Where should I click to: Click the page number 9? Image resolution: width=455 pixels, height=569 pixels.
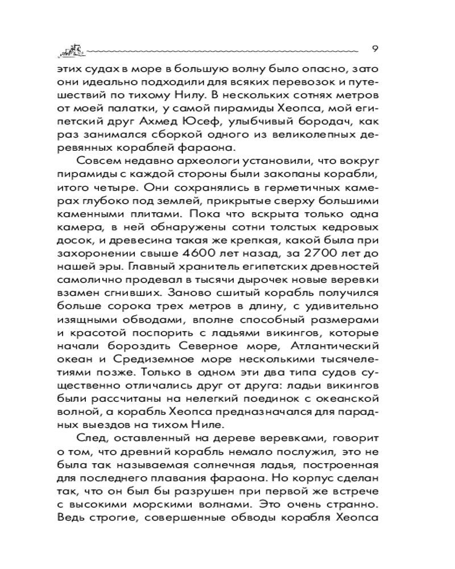[x=375, y=47]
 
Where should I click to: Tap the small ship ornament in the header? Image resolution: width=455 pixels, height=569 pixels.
[x=71, y=50]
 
